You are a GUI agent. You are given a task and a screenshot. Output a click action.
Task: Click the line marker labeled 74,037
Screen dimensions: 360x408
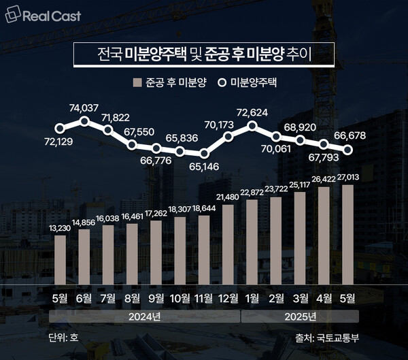[x=84, y=121]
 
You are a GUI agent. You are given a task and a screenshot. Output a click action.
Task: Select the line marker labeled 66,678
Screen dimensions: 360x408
[x=349, y=150]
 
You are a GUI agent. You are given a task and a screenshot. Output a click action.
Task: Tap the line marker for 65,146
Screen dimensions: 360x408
[x=204, y=151]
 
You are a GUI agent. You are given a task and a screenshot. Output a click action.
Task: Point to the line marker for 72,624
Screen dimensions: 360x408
[x=252, y=125]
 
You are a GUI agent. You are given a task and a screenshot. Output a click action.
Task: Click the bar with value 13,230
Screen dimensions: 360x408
[x=61, y=257]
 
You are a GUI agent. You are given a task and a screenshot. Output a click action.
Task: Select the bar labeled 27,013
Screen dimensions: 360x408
[x=349, y=231]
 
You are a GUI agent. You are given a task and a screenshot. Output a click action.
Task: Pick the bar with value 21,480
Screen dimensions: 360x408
[x=228, y=242]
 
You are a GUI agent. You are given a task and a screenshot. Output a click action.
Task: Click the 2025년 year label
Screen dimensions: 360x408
[x=300, y=317]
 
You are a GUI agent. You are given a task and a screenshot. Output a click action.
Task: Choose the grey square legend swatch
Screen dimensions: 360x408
[x=137, y=82]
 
